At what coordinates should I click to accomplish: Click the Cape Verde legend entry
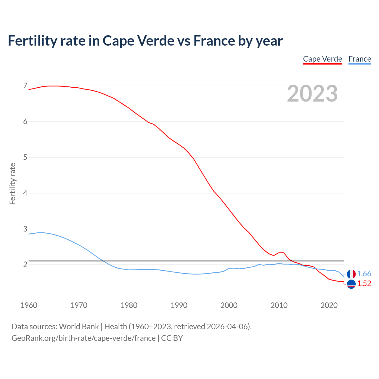click(x=322, y=59)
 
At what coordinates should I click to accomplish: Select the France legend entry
click(x=359, y=59)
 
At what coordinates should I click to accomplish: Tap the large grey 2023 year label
click(x=312, y=94)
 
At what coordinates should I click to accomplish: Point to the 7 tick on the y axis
click(x=25, y=86)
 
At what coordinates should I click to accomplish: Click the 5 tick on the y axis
click(x=25, y=157)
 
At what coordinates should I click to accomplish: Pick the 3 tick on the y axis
click(x=25, y=229)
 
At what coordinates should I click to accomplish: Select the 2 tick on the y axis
click(x=25, y=264)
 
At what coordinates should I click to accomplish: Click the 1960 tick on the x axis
click(x=29, y=305)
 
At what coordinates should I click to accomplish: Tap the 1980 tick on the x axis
click(x=129, y=305)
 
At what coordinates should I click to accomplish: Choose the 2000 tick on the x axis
click(x=229, y=305)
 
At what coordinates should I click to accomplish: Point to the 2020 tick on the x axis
click(x=329, y=305)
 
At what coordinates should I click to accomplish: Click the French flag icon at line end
click(x=351, y=274)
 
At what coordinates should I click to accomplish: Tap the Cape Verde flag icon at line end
click(x=351, y=284)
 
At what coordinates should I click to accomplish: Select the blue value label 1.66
click(x=364, y=274)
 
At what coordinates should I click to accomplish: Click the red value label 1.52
click(x=364, y=284)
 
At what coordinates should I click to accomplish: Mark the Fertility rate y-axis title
click(x=12, y=184)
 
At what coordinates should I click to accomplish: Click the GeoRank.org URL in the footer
click(x=83, y=338)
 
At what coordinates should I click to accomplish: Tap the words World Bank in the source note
click(x=79, y=327)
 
